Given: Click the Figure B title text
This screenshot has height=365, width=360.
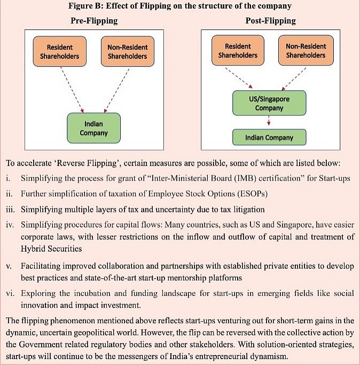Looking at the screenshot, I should [180, 7].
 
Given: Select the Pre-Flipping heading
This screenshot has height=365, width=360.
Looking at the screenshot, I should [94, 21].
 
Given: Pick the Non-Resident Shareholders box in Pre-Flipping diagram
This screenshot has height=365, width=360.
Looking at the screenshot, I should [127, 51].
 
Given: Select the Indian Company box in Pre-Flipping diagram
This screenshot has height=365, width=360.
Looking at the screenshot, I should [93, 128].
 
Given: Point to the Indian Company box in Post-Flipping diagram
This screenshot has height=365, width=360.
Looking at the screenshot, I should [269, 137].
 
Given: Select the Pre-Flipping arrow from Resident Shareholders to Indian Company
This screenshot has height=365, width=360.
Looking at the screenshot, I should [73, 88].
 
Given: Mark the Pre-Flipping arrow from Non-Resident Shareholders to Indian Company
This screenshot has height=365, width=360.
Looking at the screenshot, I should [116, 88].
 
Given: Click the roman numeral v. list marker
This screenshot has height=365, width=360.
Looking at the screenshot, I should [10, 266].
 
